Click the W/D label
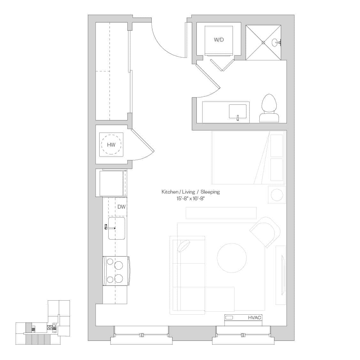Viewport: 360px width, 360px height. (218, 40)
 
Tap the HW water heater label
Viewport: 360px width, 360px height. (111, 145)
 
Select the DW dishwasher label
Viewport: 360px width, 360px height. (121, 207)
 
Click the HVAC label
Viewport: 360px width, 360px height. (255, 318)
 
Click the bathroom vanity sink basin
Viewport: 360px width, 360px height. (238, 111)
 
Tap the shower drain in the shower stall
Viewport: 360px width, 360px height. (264, 42)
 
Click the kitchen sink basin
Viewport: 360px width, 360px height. (117, 228)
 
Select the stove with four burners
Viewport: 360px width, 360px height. (116, 271)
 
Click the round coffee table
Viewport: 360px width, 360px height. (232, 258)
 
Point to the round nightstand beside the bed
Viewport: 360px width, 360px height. (277, 195)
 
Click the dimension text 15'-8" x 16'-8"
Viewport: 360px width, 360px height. (190, 199)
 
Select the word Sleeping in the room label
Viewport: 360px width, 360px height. (210, 192)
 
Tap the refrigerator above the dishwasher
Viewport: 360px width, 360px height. (111, 183)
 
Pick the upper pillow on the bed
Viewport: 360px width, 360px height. (277, 146)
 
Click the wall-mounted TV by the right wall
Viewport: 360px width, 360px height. (281, 275)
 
